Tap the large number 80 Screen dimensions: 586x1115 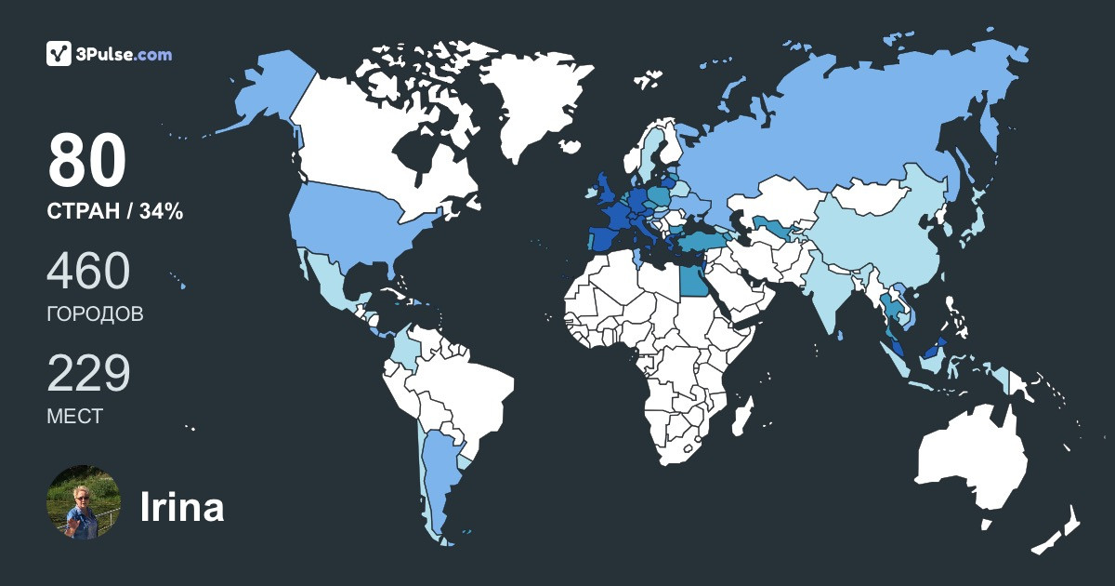tap(86, 160)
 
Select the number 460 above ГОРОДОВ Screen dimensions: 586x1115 tap(88, 272)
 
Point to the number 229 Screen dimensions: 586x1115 tap(88, 374)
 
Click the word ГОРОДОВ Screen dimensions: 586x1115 tap(95, 313)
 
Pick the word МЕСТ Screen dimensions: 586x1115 tap(74, 416)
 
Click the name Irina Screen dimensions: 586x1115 tap(182, 507)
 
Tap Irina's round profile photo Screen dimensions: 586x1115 tap(84, 502)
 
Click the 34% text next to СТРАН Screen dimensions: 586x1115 tap(161, 212)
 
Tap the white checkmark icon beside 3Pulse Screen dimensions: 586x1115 tap(59, 54)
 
